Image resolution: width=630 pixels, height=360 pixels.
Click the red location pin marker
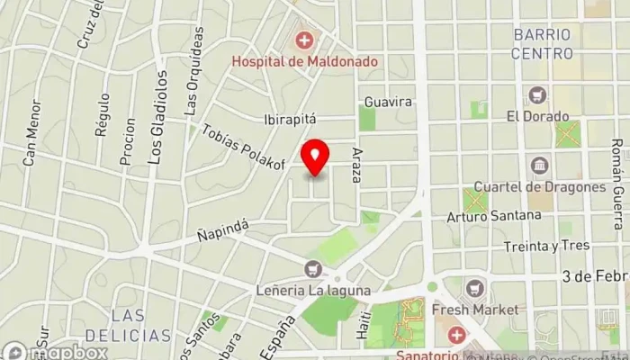pyautogui.click(x=314, y=157)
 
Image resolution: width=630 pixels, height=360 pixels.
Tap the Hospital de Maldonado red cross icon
pyautogui.click(x=305, y=40)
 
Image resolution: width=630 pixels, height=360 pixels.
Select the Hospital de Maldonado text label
pyautogui.click(x=305, y=61)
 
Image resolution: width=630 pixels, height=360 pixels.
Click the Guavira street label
pyautogui.click(x=389, y=102)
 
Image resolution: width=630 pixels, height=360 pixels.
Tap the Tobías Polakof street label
pyautogui.click(x=244, y=147)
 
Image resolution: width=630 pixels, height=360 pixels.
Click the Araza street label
pyautogui.click(x=357, y=166)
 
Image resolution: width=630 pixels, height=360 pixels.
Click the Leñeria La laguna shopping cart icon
pyautogui.click(x=313, y=267)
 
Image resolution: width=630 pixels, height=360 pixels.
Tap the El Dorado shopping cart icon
pyautogui.click(x=538, y=94)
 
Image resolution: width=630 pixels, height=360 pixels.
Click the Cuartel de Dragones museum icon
pyautogui.click(x=540, y=166)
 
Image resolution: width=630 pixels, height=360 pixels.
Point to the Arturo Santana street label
pyautogui.click(x=494, y=216)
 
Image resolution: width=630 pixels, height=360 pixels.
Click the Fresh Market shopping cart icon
pyautogui.click(x=475, y=288)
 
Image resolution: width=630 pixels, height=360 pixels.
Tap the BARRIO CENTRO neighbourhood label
pyautogui.click(x=542, y=43)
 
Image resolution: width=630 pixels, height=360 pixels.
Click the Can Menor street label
pyautogui.click(x=32, y=144)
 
